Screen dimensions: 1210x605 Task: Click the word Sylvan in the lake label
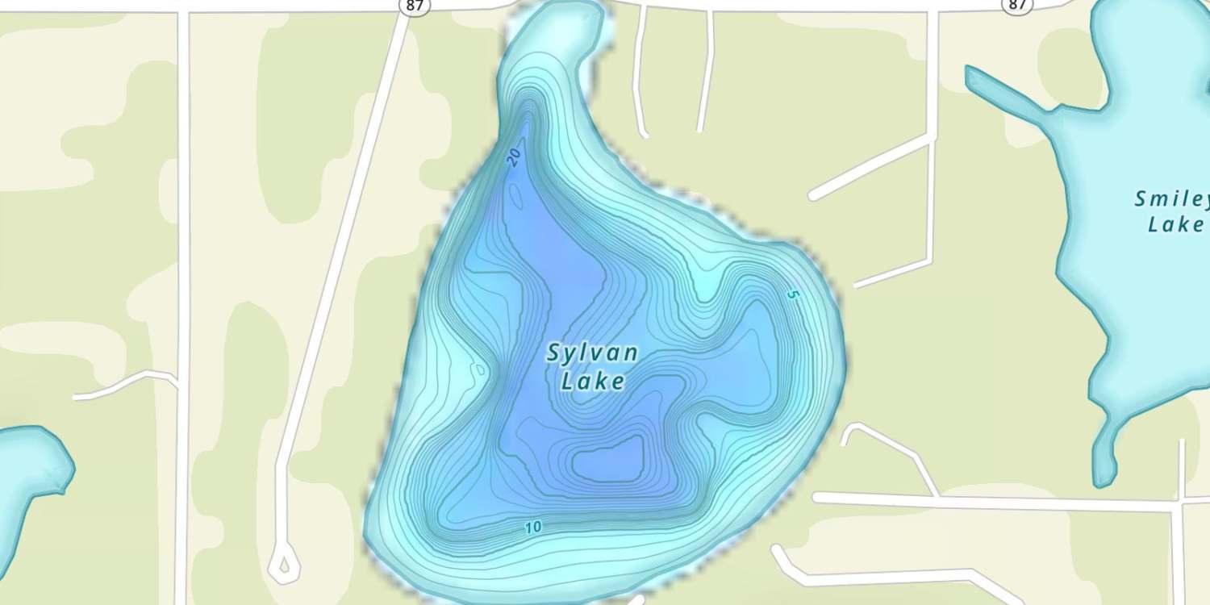[x=592, y=353]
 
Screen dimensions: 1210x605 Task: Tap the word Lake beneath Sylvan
[x=592, y=381]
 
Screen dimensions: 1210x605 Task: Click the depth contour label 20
[x=515, y=157]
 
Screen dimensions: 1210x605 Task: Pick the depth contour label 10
[x=532, y=528]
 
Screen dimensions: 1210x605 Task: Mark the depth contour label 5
[x=791, y=295]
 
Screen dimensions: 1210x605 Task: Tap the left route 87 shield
[x=415, y=6]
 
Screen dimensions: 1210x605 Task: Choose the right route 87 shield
[x=1017, y=5]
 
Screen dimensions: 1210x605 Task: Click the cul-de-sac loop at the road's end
[x=283, y=565]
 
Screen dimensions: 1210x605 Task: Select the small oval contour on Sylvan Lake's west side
[x=479, y=370]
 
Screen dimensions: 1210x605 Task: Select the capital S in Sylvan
[x=553, y=353]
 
